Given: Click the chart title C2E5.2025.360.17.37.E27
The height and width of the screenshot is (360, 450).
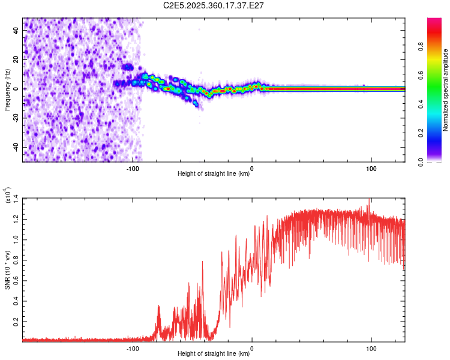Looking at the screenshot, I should (214, 5).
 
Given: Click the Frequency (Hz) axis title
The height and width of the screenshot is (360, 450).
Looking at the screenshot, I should (7, 89).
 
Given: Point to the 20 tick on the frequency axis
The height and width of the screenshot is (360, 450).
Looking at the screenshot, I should (17, 60).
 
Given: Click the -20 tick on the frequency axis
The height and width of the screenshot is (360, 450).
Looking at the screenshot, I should (17, 118).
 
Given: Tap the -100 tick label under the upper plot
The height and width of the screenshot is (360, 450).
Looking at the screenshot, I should (133, 169).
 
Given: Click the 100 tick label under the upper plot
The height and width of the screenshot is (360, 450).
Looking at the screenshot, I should (371, 169).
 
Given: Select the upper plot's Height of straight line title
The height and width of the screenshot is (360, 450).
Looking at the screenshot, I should (214, 174).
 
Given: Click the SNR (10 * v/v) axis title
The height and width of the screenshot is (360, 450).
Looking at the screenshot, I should (7, 269).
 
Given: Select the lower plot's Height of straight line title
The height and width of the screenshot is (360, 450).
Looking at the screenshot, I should (214, 354).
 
